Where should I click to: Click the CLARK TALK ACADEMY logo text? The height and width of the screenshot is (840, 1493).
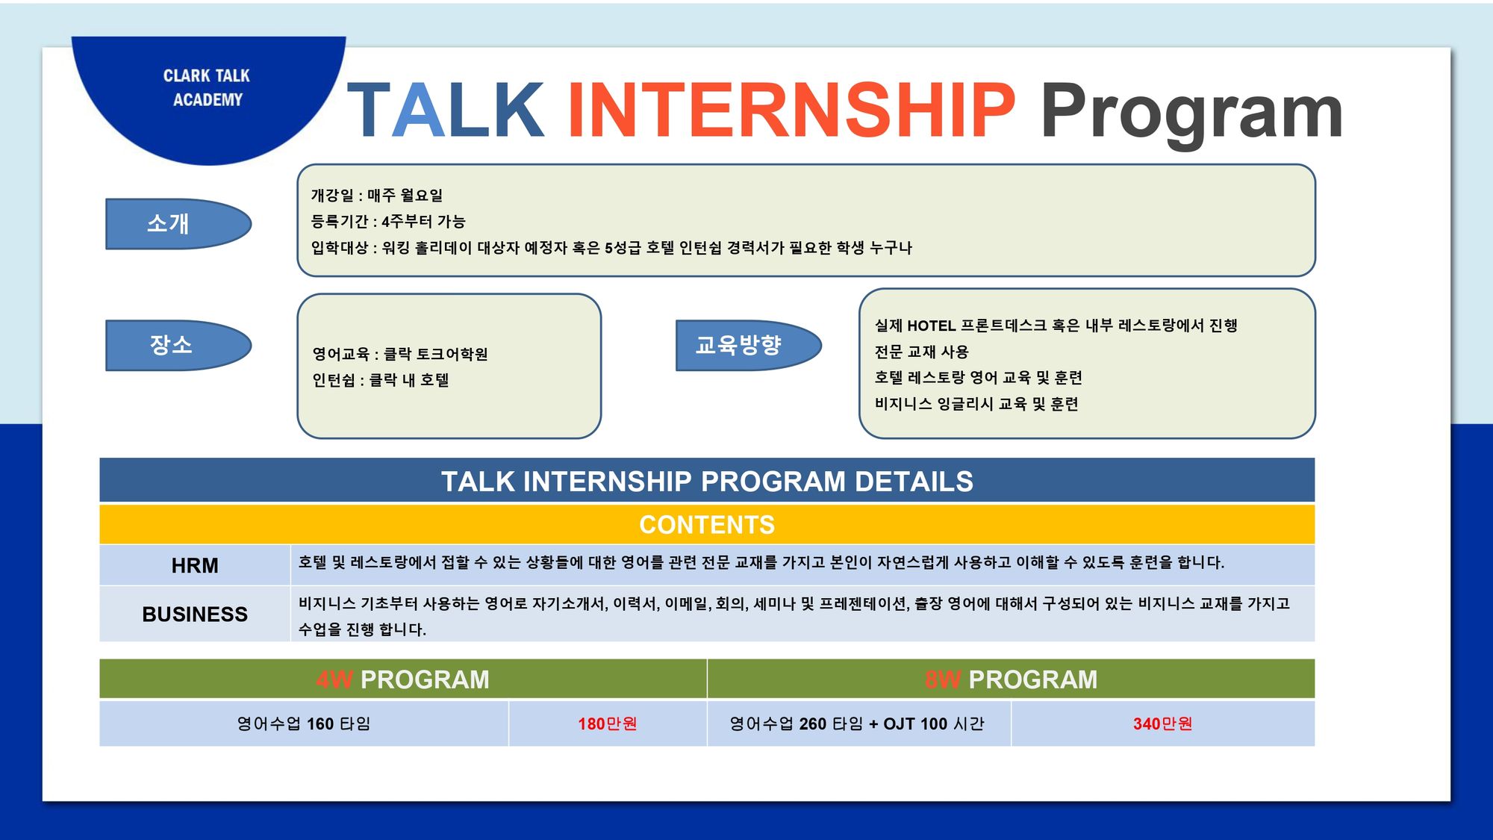pos(207,87)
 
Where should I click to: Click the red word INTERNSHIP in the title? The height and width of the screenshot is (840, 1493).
pos(791,111)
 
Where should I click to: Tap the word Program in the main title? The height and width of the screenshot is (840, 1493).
pos(1192,113)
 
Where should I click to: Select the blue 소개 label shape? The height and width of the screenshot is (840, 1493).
pos(178,223)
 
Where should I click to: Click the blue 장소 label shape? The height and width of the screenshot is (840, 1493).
pos(178,345)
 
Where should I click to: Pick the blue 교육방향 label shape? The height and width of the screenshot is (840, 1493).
pos(749,345)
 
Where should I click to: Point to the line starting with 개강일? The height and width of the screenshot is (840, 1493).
pos(377,196)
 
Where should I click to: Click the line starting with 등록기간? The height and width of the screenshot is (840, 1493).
pos(388,222)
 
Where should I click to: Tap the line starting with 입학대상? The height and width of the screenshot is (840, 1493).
pos(611,248)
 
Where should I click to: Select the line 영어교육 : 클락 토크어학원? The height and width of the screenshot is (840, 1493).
pos(400,354)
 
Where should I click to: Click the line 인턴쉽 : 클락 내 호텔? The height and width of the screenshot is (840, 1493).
pos(381,380)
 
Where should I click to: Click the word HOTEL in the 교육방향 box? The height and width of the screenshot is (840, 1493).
pos(932,326)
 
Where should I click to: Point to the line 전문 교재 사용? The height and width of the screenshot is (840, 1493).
pos(921,352)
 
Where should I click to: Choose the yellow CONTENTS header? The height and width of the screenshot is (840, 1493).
pos(707,524)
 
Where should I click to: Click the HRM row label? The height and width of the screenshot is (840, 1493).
pos(195,565)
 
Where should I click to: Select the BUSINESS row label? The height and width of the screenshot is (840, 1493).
pos(195,614)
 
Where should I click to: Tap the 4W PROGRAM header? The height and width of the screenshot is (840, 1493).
pos(403,679)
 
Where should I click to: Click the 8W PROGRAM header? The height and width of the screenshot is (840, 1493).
pos(1012,679)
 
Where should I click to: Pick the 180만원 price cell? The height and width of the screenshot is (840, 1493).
pos(608,724)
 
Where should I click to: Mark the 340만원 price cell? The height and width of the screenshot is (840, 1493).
pos(1163,724)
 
